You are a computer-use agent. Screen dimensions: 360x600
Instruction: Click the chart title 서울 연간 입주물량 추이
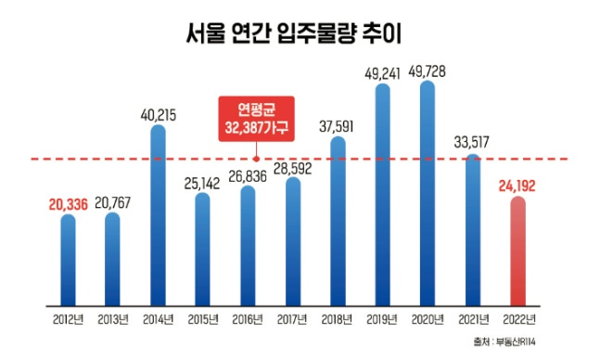[x=300, y=35]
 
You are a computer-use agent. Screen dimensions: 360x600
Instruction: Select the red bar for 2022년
[x=518, y=251]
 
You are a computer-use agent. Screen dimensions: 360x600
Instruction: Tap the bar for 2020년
[x=428, y=195]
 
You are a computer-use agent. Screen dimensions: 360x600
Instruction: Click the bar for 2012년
[x=68, y=259]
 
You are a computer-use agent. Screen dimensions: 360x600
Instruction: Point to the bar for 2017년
[x=293, y=241]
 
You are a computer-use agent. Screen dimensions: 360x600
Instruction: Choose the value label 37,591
[x=338, y=123]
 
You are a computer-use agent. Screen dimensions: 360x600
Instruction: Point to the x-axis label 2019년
[x=383, y=321]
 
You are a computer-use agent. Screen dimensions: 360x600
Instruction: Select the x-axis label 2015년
[x=203, y=321]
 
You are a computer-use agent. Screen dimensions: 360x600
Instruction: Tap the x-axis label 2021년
[x=473, y=321]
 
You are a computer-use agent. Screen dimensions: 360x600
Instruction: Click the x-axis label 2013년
[x=112, y=321]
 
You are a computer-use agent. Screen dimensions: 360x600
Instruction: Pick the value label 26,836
[x=248, y=173]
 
